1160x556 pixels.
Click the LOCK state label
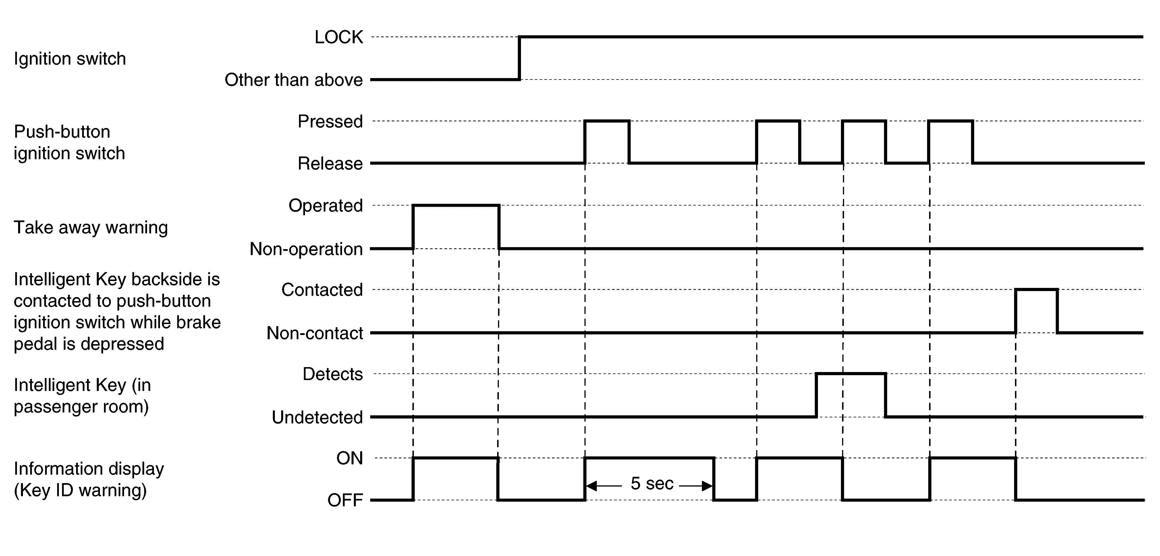pos(339,37)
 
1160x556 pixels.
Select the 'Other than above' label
pos(294,80)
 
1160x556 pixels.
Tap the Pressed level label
pos(330,121)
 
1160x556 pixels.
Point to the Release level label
pos(330,163)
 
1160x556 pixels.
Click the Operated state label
pos(326,206)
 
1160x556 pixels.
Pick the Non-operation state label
pos(306,249)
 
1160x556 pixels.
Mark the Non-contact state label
pos(315,333)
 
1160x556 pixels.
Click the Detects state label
pos(332,374)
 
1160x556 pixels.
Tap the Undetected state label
pos(317,417)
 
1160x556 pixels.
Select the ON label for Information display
pos(350,458)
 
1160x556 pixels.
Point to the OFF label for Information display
pos(345,500)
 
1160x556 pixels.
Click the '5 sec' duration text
pos(652,483)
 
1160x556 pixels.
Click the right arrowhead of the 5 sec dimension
pos(707,486)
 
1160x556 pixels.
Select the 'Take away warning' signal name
pos(90,227)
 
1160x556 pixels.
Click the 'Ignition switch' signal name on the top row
pos(70,59)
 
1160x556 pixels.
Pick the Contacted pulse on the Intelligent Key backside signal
pos(1037,289)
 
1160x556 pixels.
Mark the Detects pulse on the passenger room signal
pos(851,374)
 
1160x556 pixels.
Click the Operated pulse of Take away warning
pos(456,206)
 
